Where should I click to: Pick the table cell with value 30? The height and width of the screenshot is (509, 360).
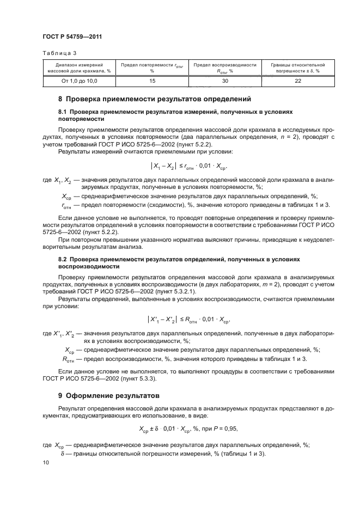224,81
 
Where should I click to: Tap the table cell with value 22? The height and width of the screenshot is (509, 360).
297,81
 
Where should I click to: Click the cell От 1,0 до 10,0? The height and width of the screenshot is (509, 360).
79,81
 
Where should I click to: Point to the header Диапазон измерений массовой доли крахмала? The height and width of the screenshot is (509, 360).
79,68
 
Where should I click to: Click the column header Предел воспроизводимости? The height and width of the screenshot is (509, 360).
224,68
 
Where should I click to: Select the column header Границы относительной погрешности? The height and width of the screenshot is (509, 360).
297,68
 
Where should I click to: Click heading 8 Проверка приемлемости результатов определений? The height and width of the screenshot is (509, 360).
154,100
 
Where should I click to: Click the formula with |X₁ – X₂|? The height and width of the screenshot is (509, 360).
180,168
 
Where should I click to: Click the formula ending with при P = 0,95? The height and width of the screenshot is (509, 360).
180,427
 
